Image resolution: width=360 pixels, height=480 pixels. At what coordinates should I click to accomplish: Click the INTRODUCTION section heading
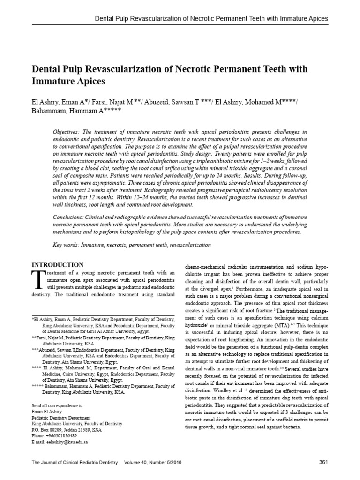point(57,265)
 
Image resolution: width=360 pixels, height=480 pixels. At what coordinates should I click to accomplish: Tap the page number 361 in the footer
point(323,463)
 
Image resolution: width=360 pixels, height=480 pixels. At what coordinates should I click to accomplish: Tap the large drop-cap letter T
point(37,282)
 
